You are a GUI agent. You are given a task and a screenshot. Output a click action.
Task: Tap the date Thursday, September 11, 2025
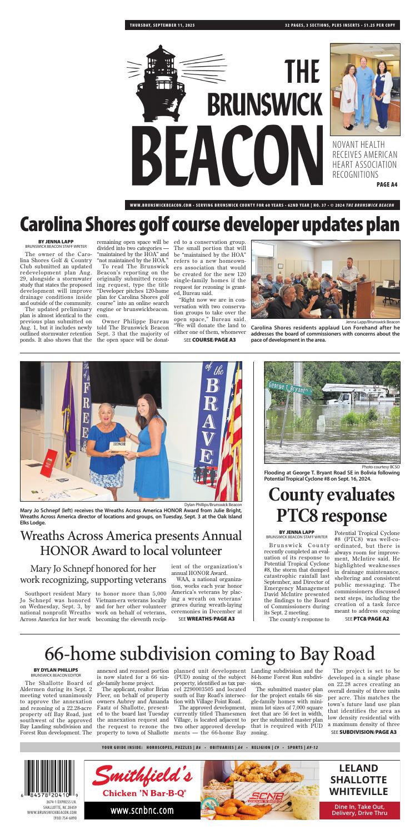point(167,25)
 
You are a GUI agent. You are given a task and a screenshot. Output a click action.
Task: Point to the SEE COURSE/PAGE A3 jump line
point(209,339)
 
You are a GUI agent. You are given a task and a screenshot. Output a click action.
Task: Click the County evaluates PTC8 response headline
point(332,505)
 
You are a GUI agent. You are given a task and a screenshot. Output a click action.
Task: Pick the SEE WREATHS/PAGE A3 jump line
point(208,618)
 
